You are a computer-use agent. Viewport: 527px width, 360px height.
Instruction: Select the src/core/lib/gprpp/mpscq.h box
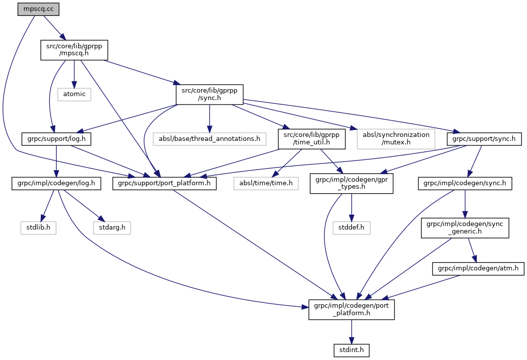point(74,50)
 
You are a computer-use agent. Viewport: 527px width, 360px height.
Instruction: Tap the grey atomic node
point(74,94)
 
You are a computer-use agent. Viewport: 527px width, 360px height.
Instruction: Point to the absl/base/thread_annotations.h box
point(210,138)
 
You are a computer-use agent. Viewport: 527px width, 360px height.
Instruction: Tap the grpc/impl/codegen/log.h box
point(56,183)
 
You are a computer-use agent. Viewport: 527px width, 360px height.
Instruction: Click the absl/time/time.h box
point(266,183)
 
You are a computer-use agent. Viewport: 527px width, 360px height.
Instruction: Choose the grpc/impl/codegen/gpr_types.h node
point(352,183)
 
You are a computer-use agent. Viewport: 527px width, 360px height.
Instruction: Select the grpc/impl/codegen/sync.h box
point(465,183)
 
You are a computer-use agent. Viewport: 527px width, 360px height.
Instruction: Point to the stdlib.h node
point(38,228)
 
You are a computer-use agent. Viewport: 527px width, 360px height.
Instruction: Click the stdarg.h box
point(112,228)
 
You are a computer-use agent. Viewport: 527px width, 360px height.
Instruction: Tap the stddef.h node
point(352,228)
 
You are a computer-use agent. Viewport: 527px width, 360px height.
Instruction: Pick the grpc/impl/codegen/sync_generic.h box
point(465,228)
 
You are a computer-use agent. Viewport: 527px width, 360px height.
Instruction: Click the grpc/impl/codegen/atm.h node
point(478,268)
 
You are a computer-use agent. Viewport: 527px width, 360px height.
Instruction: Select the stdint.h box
point(352,350)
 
